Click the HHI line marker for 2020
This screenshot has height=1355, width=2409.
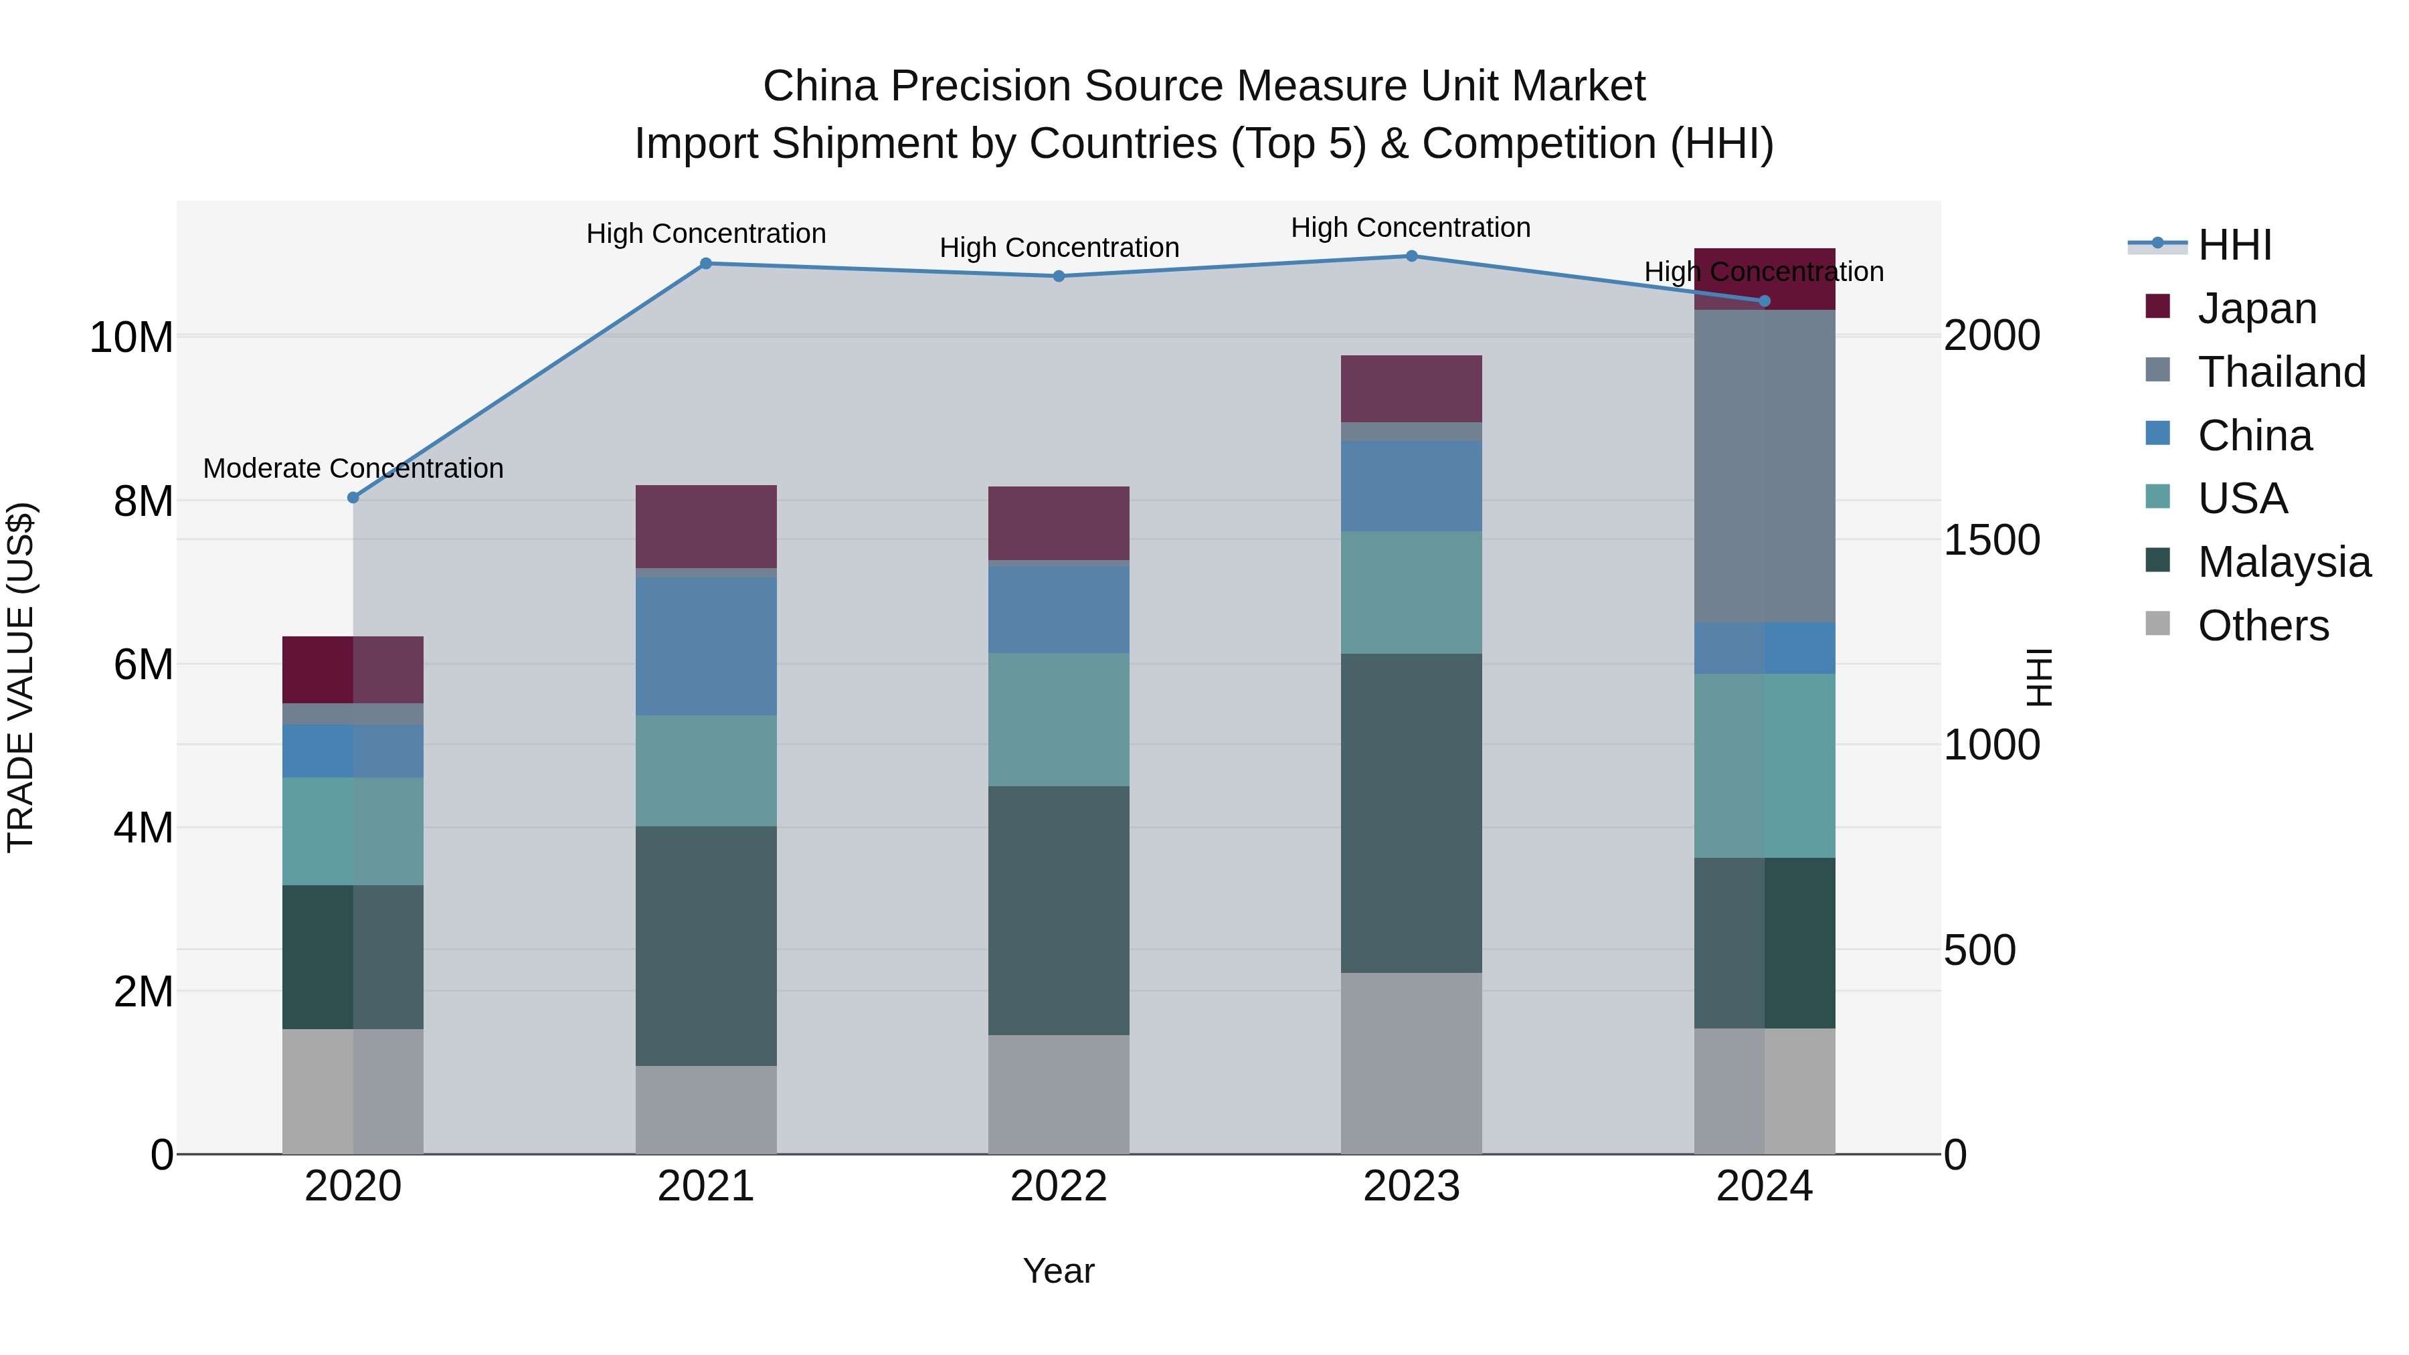(x=353, y=497)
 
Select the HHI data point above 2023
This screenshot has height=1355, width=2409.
(x=1411, y=256)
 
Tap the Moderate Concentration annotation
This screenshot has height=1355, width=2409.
(x=353, y=468)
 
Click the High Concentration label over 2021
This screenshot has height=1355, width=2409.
(x=706, y=234)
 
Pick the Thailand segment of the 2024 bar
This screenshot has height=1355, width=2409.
(x=1764, y=466)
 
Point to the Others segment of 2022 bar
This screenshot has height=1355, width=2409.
(x=1059, y=1094)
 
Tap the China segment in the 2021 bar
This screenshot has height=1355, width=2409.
(x=706, y=646)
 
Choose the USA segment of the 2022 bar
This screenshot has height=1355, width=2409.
(x=1059, y=719)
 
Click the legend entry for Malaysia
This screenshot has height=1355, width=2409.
(x=2283, y=562)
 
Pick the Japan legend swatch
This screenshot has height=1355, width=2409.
(x=2157, y=306)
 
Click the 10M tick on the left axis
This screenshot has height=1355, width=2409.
(x=131, y=337)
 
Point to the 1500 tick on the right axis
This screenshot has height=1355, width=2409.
(x=1992, y=541)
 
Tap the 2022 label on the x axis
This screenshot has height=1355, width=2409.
(x=1059, y=1186)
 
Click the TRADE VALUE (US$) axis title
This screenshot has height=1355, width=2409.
(x=21, y=677)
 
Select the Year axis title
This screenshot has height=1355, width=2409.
(x=1059, y=1271)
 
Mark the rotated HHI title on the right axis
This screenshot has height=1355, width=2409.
(x=2039, y=677)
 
